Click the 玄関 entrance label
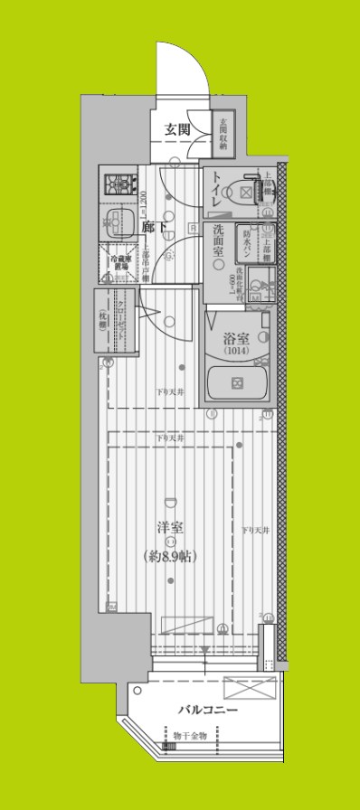pyautogui.click(x=176, y=129)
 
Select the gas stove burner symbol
pyautogui.click(x=118, y=185)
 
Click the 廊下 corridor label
pyautogui.click(x=154, y=228)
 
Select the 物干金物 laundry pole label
pyautogui.click(x=189, y=736)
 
